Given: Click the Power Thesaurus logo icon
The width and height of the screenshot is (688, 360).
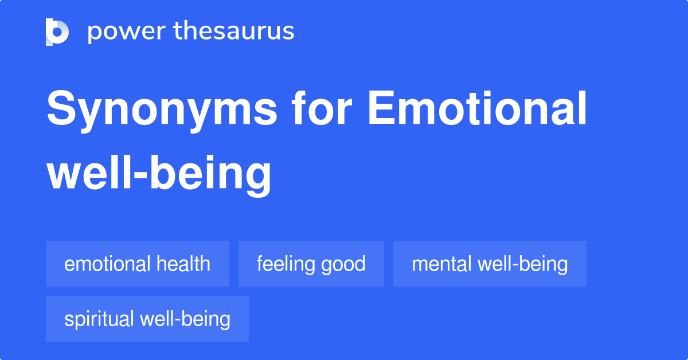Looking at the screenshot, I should coord(57,32).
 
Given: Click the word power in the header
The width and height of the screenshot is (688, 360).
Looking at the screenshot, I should coord(124,32).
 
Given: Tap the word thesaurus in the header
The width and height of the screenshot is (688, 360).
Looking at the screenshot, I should coord(234,32).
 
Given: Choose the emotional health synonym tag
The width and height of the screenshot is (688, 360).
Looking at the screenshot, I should coord(138,264).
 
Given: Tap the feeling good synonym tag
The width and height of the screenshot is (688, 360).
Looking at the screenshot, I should coord(311,264).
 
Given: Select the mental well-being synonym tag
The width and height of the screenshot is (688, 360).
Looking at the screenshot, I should coord(490,264).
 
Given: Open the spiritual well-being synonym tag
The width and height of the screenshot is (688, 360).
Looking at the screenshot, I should coord(147,319).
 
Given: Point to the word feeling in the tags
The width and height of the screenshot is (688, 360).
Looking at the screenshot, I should coord(285,264).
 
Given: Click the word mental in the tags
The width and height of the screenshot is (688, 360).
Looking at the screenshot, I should coord(437,264).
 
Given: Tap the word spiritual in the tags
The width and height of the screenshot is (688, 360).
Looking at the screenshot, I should coord(99,319).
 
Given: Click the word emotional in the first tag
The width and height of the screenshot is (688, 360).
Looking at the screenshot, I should coord(107,264).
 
